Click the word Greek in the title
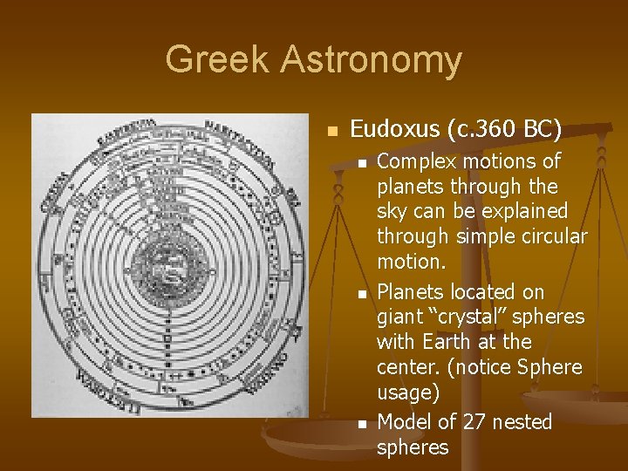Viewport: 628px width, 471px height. coord(217,60)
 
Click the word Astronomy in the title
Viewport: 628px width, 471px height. coord(372,60)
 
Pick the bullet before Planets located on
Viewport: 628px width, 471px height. coord(361,294)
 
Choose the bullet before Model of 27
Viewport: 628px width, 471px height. coord(361,424)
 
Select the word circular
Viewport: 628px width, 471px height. coord(555,236)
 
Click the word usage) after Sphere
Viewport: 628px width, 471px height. coord(407,392)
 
